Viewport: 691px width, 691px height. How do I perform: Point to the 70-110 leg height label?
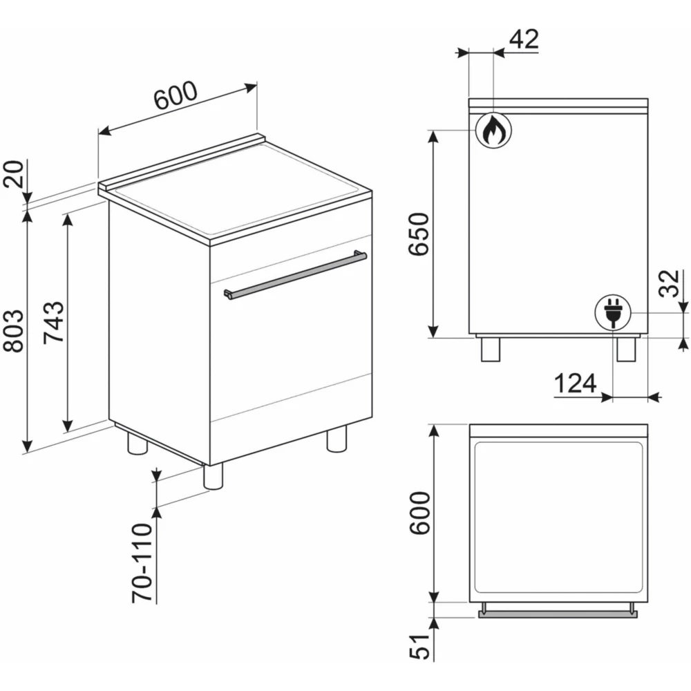point(142,562)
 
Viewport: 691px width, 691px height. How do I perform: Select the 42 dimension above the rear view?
point(523,39)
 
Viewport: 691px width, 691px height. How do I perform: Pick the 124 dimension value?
point(574,384)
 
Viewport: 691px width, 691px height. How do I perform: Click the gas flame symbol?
point(493,129)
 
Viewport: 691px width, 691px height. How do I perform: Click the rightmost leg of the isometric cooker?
point(337,439)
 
